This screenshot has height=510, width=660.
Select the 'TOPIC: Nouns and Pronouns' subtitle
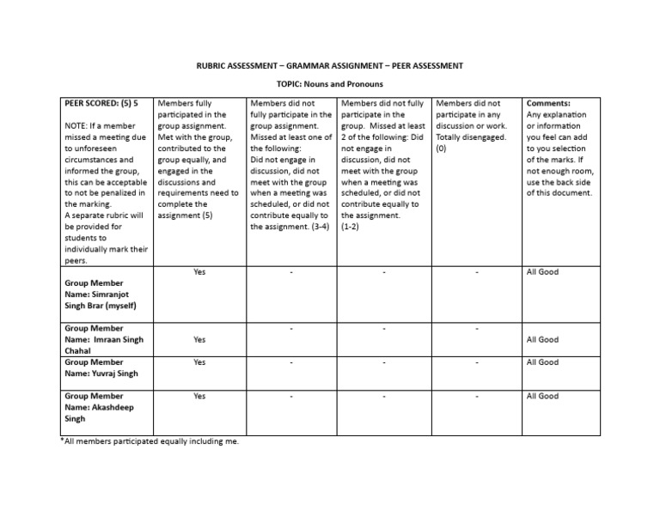(x=329, y=84)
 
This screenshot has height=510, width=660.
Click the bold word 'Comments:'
(x=548, y=103)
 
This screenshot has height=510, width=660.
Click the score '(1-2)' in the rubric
(x=353, y=228)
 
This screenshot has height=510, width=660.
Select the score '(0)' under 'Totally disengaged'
(x=441, y=149)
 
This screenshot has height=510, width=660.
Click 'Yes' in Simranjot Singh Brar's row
(x=199, y=272)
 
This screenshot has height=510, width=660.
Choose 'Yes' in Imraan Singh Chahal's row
(x=199, y=340)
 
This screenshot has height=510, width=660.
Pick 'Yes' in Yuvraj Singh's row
(x=199, y=362)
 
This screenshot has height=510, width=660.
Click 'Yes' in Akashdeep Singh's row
(x=199, y=397)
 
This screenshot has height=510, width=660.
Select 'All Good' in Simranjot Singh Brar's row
(x=542, y=272)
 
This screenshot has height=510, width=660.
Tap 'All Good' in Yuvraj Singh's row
(x=542, y=362)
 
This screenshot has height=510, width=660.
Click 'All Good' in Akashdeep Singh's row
(x=542, y=397)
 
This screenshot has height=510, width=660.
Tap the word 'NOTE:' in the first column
(x=77, y=126)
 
